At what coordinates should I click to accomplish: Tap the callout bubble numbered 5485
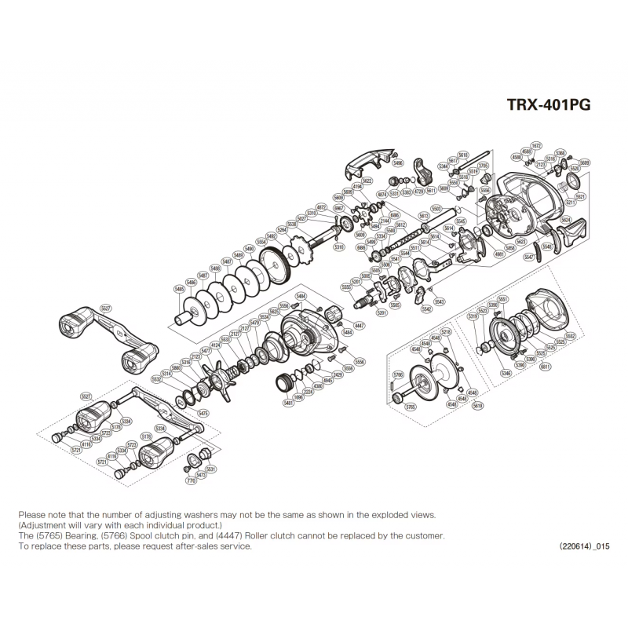(x=180, y=289)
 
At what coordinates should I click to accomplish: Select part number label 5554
(x=261, y=242)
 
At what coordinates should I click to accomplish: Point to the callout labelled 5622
(x=367, y=181)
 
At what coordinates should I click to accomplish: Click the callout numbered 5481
(x=288, y=403)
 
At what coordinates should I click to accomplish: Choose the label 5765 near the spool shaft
(x=410, y=407)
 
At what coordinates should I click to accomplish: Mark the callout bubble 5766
(x=399, y=375)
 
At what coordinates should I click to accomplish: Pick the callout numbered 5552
(x=570, y=336)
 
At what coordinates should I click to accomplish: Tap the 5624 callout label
(x=566, y=221)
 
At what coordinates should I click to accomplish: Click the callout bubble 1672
(x=537, y=146)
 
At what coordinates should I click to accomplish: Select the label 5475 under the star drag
(x=203, y=413)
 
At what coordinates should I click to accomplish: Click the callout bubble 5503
(x=436, y=209)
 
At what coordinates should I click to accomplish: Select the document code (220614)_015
(x=584, y=546)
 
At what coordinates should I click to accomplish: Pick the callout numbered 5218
(x=446, y=332)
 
